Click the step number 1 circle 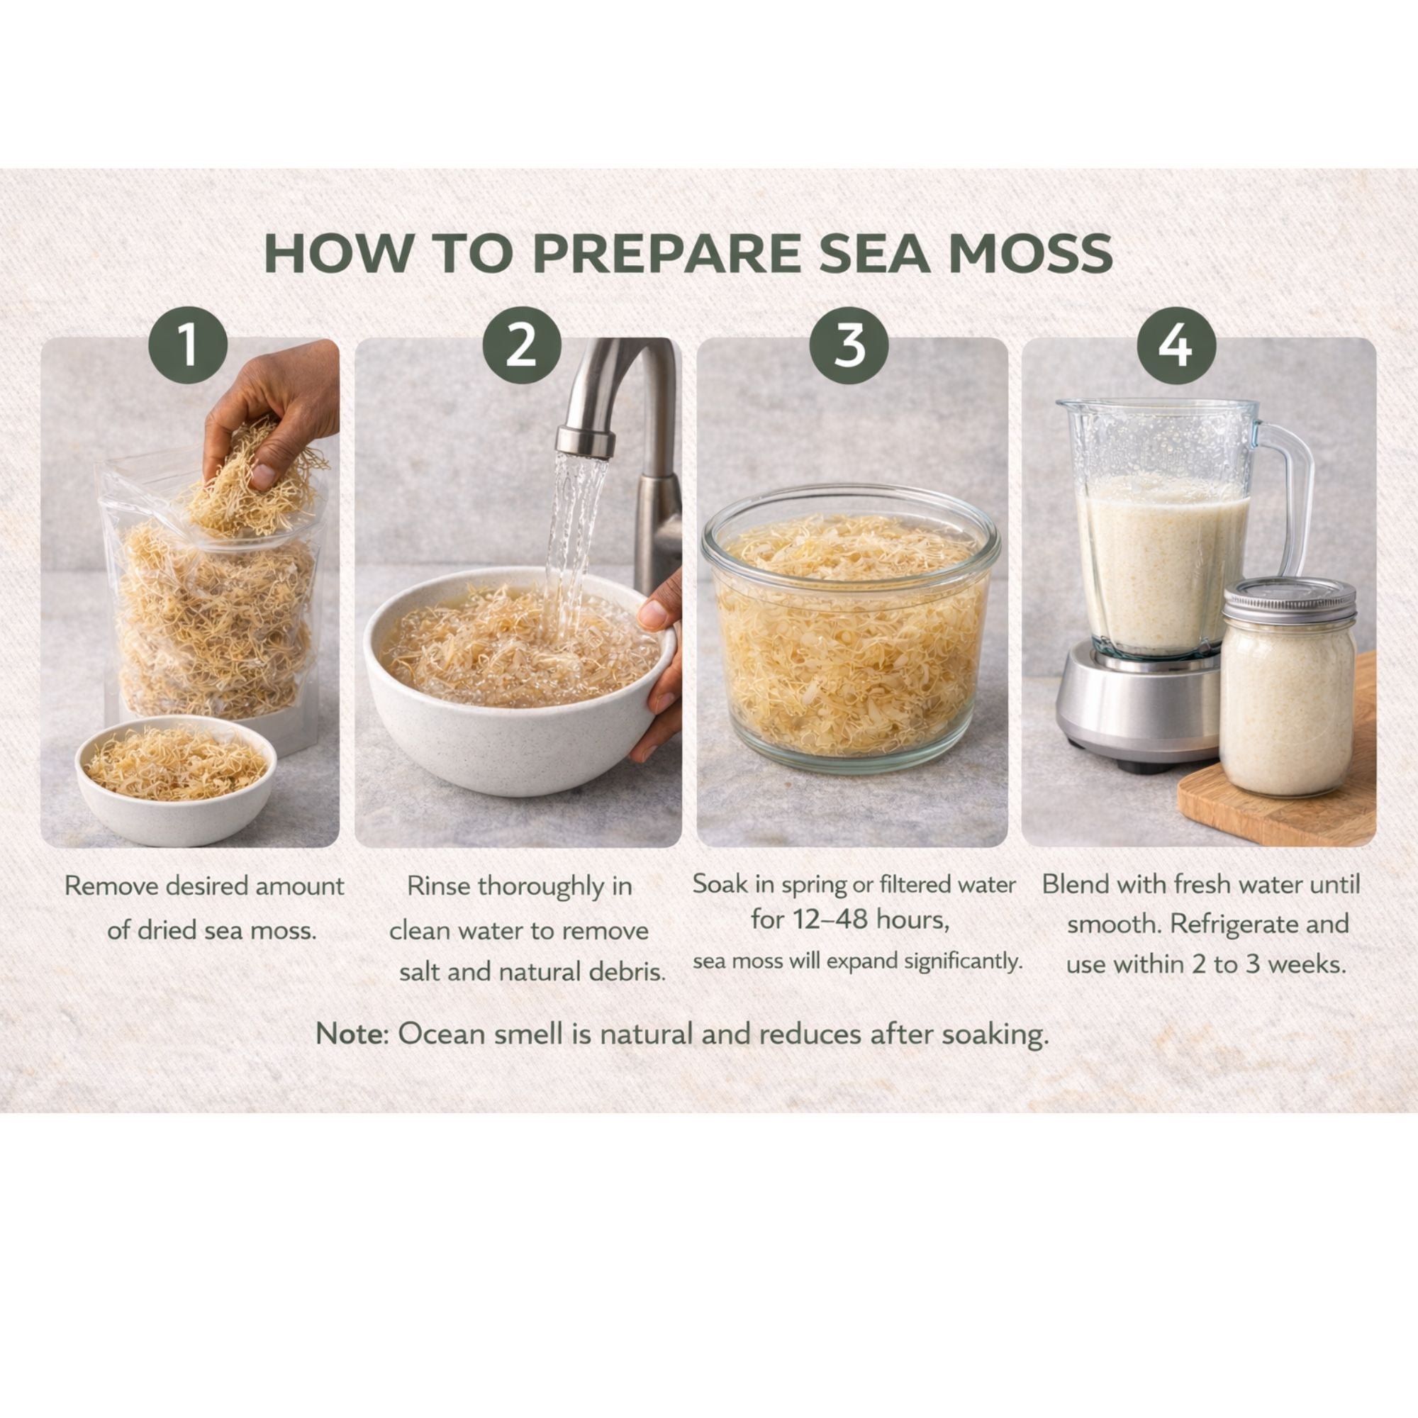[x=188, y=345]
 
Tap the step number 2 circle [x=522, y=345]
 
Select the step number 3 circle [x=849, y=345]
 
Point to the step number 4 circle [x=1176, y=345]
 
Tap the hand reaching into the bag [x=272, y=418]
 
